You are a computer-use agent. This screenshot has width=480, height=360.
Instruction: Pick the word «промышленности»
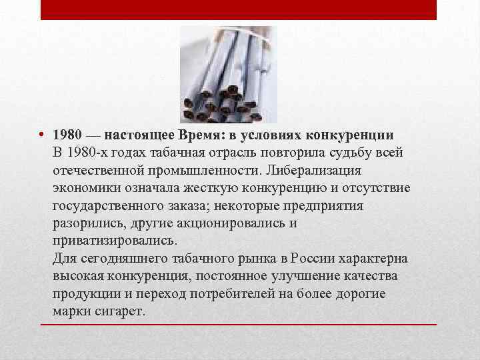point(204,170)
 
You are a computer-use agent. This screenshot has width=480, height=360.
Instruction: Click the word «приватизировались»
point(114,241)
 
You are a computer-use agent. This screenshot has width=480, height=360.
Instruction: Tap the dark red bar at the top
point(239,9)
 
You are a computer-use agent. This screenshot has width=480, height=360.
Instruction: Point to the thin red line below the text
point(239,324)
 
